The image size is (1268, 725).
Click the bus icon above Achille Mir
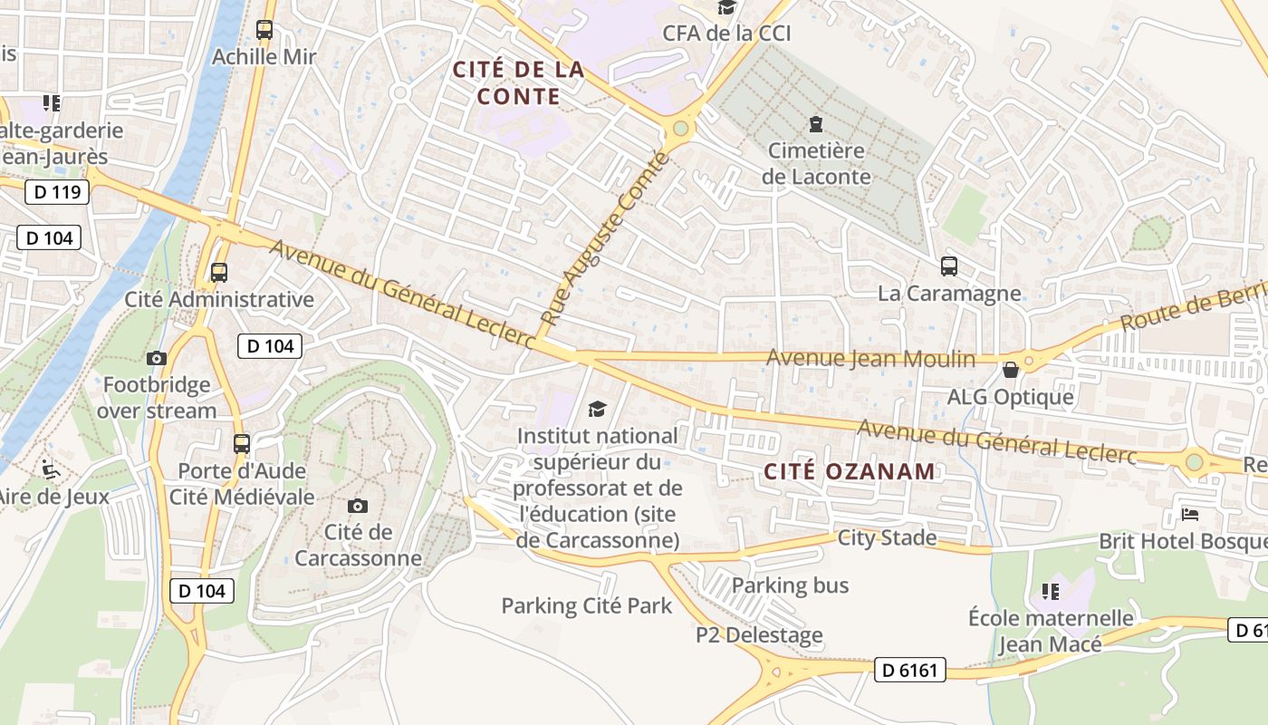click(x=264, y=30)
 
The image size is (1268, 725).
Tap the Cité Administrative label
click(x=219, y=299)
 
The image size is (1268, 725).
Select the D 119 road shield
click(x=57, y=192)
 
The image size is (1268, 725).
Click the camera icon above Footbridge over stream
click(x=157, y=359)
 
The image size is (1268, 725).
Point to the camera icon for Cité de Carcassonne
click(x=358, y=506)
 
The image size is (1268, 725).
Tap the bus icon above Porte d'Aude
click(x=242, y=444)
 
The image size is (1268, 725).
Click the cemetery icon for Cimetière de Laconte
click(x=816, y=123)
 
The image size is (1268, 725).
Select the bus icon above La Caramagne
click(x=949, y=266)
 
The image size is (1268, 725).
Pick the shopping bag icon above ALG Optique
click(x=1011, y=370)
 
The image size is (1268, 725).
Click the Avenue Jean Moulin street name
click(x=870, y=359)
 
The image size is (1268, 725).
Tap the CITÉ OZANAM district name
click(x=849, y=471)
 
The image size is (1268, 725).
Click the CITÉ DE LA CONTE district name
click(x=518, y=82)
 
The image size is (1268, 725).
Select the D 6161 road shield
click(x=910, y=671)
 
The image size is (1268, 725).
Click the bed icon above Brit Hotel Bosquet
click(x=1190, y=515)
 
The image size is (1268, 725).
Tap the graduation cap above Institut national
click(x=597, y=410)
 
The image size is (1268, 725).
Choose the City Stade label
click(x=887, y=537)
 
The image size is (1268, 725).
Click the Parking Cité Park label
click(x=587, y=605)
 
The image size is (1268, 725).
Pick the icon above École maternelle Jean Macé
click(x=1051, y=592)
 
